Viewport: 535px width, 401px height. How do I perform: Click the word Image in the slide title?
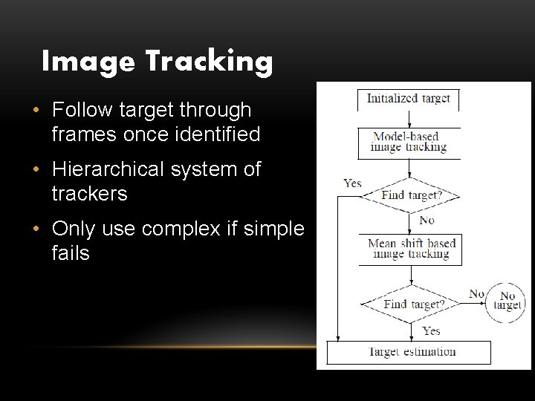[x=86, y=62]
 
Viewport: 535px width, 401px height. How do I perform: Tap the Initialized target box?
[x=409, y=99]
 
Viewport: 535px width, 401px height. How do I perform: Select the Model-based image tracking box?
[x=409, y=142]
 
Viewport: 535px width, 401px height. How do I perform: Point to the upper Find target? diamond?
[x=411, y=196]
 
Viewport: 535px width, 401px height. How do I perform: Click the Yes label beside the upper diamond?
[x=352, y=183]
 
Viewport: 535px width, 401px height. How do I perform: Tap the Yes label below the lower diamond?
[x=431, y=330]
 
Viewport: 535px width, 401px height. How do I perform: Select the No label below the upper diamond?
[x=427, y=221]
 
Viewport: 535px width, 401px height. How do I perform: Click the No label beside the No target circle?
[x=476, y=293]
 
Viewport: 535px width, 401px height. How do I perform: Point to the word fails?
[x=71, y=253]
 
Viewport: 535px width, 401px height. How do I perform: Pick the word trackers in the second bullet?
[x=89, y=194]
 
